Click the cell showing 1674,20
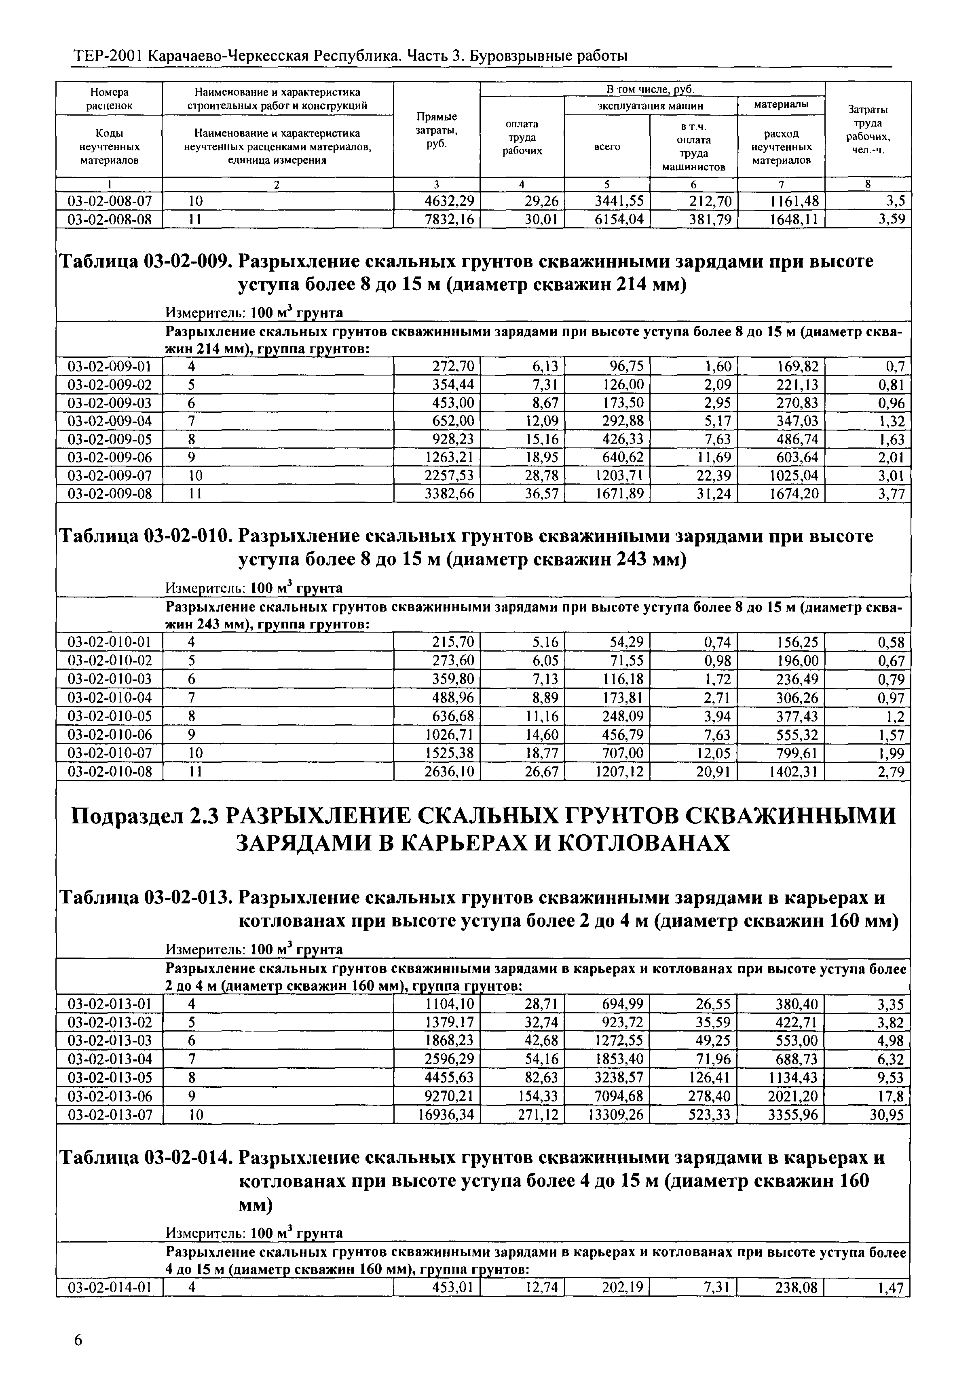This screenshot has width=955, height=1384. click(x=789, y=494)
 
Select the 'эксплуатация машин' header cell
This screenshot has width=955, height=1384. click(x=651, y=106)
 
